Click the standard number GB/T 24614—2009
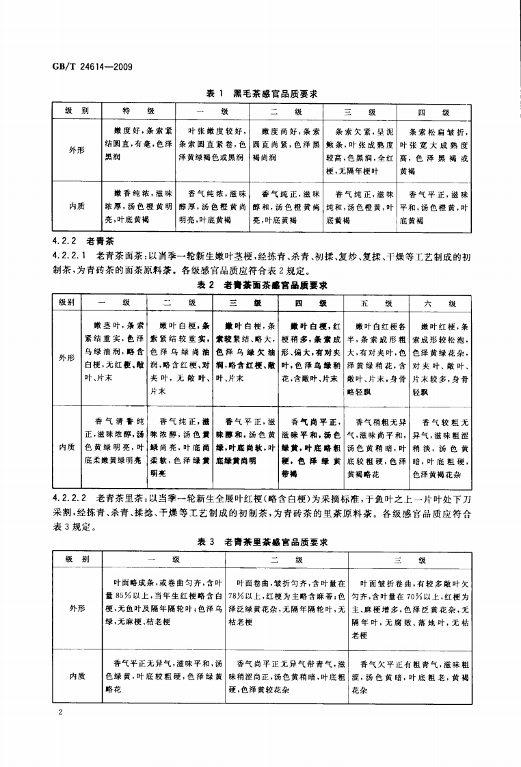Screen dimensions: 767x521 coord(92,66)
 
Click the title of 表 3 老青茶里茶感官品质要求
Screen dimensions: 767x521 coord(263,541)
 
